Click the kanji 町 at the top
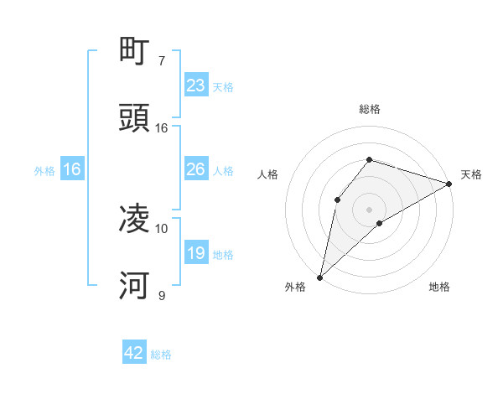click(135, 53)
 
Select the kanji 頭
click(135, 119)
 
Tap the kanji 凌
click(135, 220)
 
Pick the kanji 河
click(135, 286)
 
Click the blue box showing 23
click(195, 86)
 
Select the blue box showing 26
click(195, 169)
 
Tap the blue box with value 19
click(195, 253)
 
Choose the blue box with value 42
click(134, 353)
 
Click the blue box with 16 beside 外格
click(71, 169)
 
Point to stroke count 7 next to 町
click(161, 61)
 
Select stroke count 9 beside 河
click(161, 295)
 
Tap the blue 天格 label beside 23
click(222, 86)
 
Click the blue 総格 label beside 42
click(161, 354)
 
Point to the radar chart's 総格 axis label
click(369, 109)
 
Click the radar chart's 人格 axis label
click(268, 174)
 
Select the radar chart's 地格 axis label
click(439, 287)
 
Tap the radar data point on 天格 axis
click(449, 184)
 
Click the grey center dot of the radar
click(369, 209)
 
